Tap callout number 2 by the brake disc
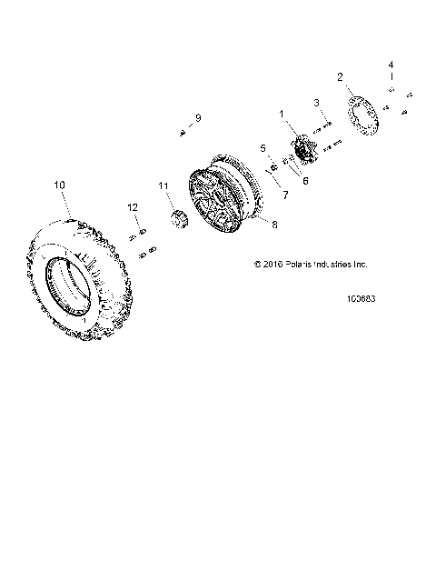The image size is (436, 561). coord(341,77)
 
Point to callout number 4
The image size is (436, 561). coord(391,65)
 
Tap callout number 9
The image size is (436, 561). coord(196,119)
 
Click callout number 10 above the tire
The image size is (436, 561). coord(60,185)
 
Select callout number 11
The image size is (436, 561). coord(164,186)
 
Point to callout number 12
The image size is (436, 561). coord(133,208)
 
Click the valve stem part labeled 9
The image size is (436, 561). coord(183,133)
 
